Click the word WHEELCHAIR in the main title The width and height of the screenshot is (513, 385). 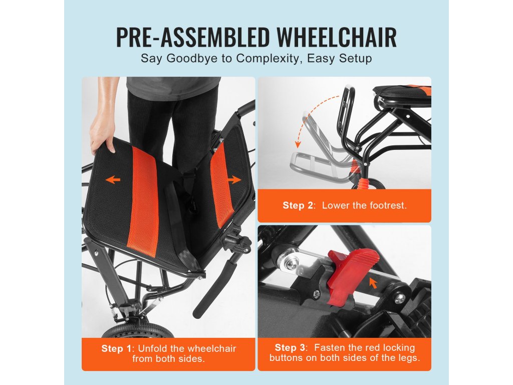tap(337, 37)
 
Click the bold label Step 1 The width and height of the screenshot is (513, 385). tap(116, 348)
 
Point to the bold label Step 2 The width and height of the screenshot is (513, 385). tap(298, 205)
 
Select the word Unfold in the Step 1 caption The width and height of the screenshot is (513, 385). tap(154, 348)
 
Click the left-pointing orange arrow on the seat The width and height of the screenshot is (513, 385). tap(113, 179)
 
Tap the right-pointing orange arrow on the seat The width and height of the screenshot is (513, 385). tap(234, 179)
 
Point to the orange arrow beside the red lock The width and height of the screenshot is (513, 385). tap(373, 283)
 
